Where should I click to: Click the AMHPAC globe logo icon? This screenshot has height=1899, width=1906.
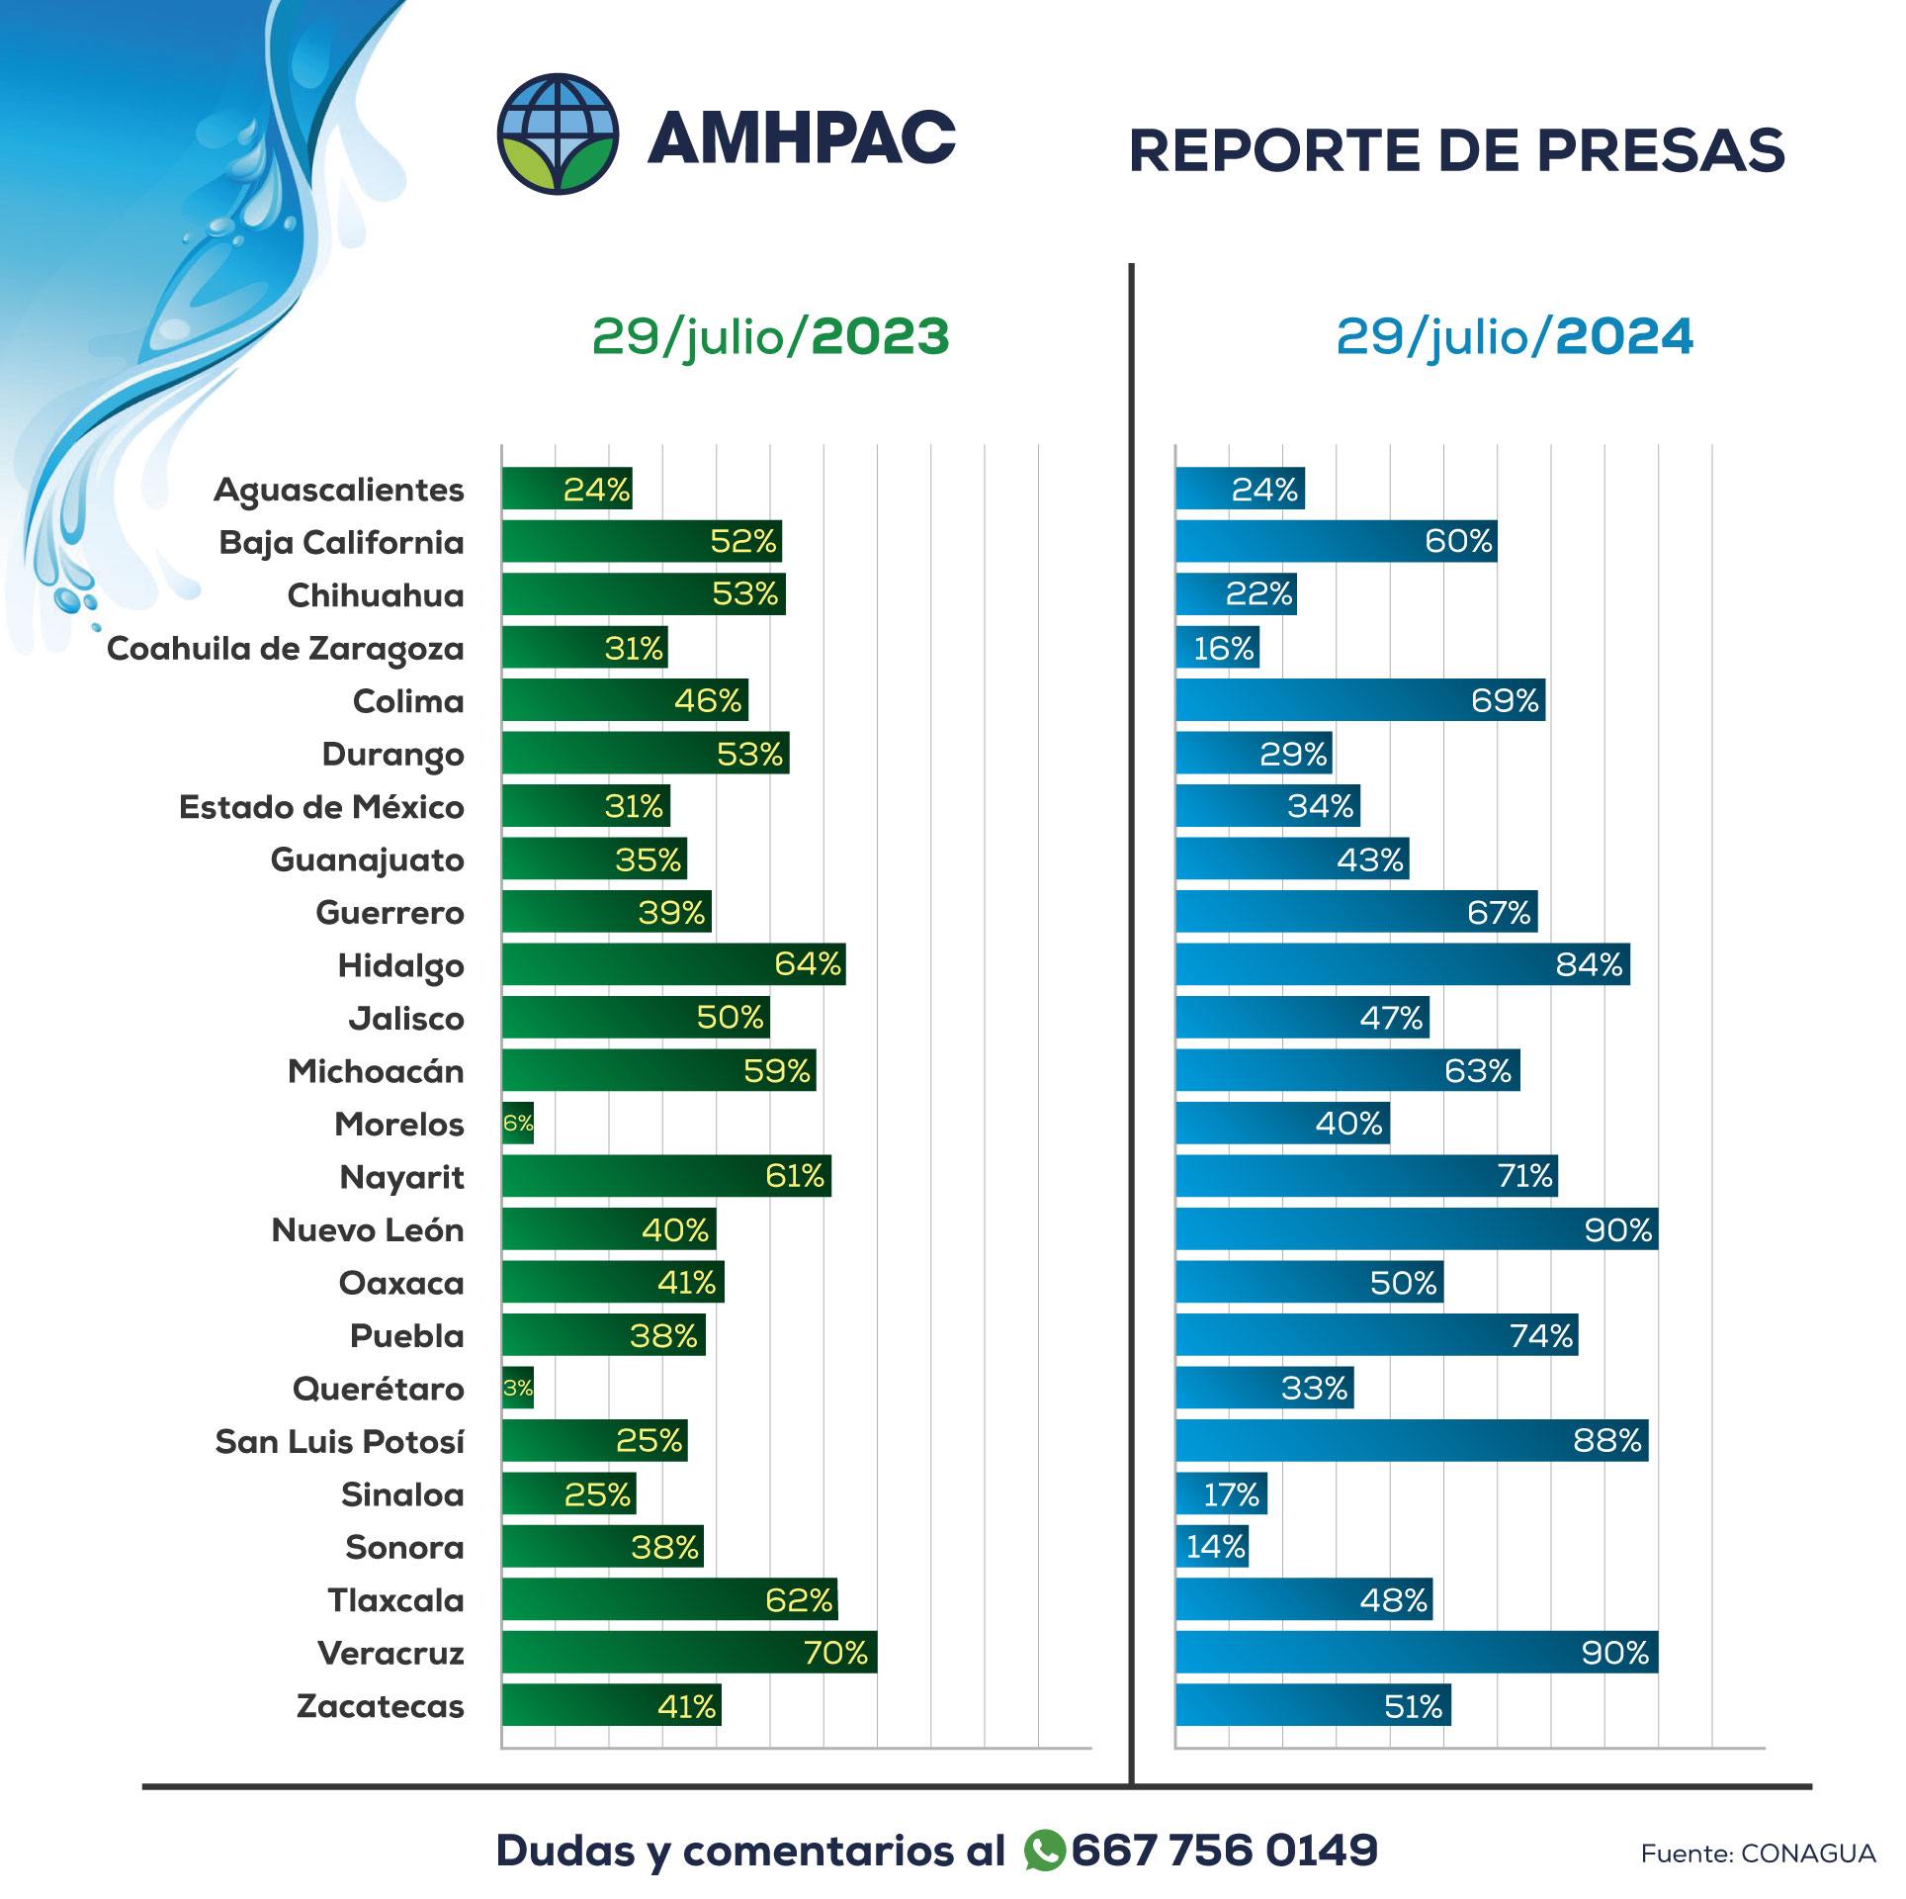(558, 134)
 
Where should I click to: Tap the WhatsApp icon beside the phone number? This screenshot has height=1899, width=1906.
(1044, 1850)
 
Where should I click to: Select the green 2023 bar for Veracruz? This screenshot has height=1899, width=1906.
(688, 1652)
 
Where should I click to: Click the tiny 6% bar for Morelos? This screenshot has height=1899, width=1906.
(517, 1123)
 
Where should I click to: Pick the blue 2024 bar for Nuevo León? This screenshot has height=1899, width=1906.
(1416, 1228)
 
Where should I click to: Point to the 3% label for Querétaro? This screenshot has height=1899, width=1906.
(517, 1388)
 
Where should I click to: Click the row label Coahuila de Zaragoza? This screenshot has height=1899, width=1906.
(285, 648)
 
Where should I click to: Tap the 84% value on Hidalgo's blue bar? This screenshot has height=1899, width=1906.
(1589, 964)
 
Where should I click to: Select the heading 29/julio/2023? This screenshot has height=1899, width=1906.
(770, 336)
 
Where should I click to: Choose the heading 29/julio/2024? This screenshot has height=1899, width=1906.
(1515, 336)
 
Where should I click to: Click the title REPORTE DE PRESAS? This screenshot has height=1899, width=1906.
(1456, 150)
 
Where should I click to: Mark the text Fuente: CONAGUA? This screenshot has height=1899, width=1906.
(1758, 1854)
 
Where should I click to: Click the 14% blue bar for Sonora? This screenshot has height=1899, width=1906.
(1212, 1546)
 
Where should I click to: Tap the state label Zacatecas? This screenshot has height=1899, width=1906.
(380, 1706)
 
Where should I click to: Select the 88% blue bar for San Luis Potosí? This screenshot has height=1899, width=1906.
(1411, 1440)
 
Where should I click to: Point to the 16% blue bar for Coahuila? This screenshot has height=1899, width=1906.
(1217, 648)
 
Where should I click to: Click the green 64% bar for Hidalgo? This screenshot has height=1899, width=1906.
(672, 964)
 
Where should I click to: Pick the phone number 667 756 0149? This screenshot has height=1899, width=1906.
(1224, 1850)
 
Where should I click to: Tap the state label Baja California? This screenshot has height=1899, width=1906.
(341, 542)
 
